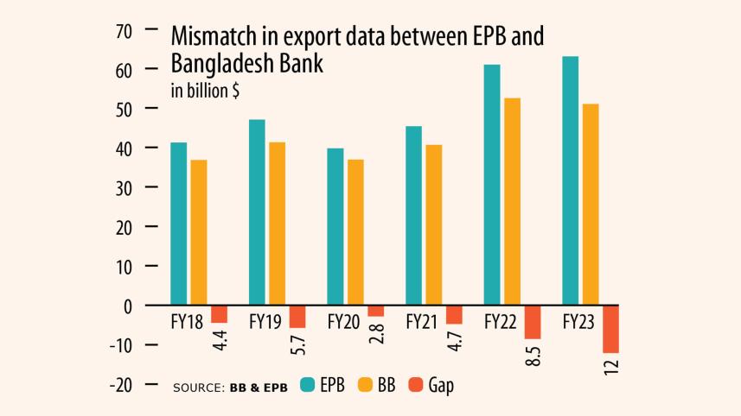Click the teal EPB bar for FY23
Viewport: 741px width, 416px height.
pyautogui.click(x=570, y=180)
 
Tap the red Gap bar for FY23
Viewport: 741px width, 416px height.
pyautogui.click(x=610, y=329)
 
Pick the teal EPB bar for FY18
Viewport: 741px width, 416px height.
pyautogui.click(x=178, y=224)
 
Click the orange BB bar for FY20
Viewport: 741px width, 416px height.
pyautogui.click(x=355, y=232)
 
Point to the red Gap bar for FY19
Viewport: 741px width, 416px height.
pyautogui.click(x=297, y=317)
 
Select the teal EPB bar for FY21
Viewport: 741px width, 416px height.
pyautogui.click(x=413, y=215)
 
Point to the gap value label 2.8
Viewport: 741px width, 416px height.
pyautogui.click(x=376, y=333)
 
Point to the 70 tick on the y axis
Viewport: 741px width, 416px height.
pyautogui.click(x=122, y=30)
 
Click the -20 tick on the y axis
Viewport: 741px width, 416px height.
pyautogui.click(x=120, y=385)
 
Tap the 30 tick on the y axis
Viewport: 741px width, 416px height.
pyautogui.click(x=122, y=187)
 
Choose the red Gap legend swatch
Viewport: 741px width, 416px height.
pyautogui.click(x=415, y=385)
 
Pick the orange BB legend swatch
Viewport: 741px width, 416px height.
pyautogui.click(x=365, y=385)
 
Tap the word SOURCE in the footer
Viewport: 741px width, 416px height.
pyautogui.click(x=198, y=387)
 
